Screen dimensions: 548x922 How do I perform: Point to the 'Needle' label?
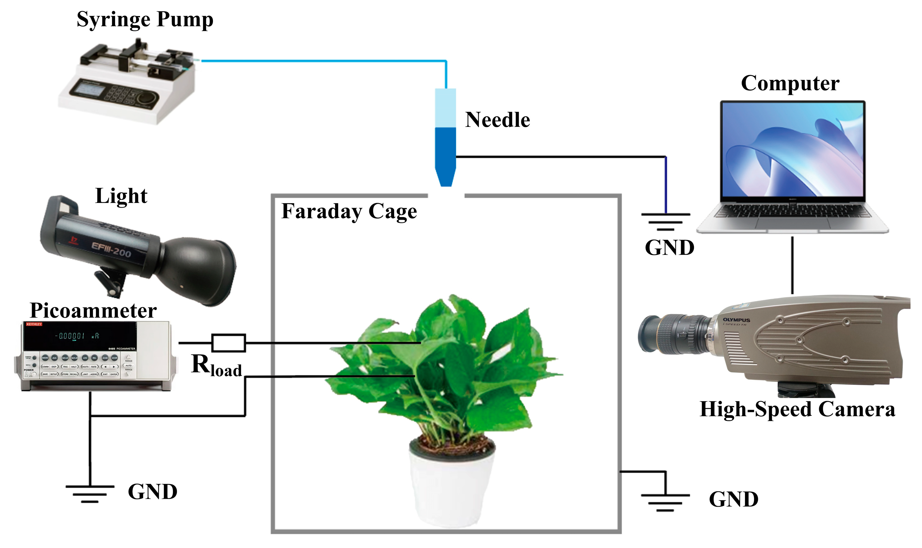click(497, 120)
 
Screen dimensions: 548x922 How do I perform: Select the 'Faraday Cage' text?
click(349, 211)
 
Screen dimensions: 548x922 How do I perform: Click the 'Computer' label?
click(790, 83)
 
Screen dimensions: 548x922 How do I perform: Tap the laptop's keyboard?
click(792, 212)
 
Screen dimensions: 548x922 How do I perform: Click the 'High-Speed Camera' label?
click(797, 409)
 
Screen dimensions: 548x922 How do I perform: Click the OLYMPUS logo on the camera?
click(736, 320)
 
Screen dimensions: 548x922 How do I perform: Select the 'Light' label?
click(121, 196)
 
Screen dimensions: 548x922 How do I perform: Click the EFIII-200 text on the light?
click(111, 250)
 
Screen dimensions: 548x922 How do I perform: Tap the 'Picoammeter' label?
click(93, 311)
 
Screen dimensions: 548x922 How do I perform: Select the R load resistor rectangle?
click(228, 343)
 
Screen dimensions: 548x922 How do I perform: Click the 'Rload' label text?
click(216, 365)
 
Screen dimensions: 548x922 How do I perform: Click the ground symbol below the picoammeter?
click(90, 493)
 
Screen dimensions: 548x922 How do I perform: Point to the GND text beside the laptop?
click(669, 248)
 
